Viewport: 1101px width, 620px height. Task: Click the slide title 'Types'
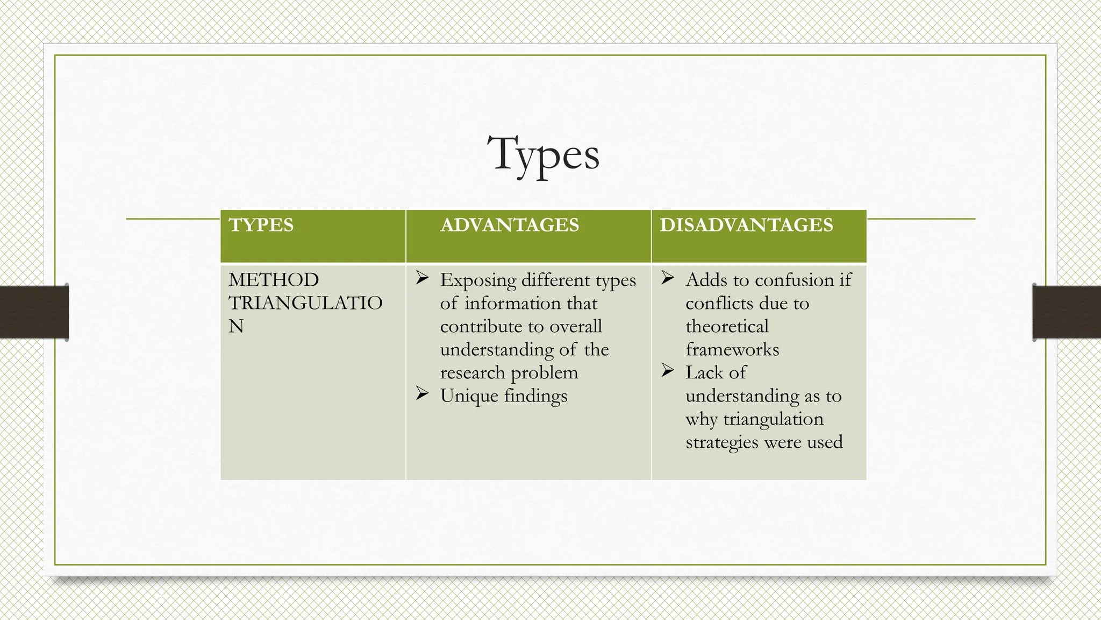pos(544,154)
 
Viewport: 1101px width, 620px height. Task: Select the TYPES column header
pos(261,225)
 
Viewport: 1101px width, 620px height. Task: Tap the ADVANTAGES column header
pos(510,225)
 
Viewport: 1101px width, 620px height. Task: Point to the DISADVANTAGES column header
pos(746,225)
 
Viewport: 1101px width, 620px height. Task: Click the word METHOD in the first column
pos(274,280)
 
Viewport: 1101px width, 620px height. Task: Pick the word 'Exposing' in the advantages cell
pos(478,280)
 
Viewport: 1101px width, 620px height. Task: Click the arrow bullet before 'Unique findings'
pos(422,394)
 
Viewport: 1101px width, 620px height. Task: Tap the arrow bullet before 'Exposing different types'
pos(422,279)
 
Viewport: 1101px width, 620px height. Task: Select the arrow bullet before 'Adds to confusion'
pos(668,279)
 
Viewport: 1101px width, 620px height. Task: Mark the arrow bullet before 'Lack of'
pos(668,371)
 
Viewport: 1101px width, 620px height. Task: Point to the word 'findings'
pos(535,396)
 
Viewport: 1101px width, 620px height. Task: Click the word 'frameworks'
pos(732,350)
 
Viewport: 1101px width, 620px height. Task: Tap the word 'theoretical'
pos(727,327)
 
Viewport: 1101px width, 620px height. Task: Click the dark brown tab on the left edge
pos(34,312)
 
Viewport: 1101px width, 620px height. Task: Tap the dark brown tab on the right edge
pos(1067,312)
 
